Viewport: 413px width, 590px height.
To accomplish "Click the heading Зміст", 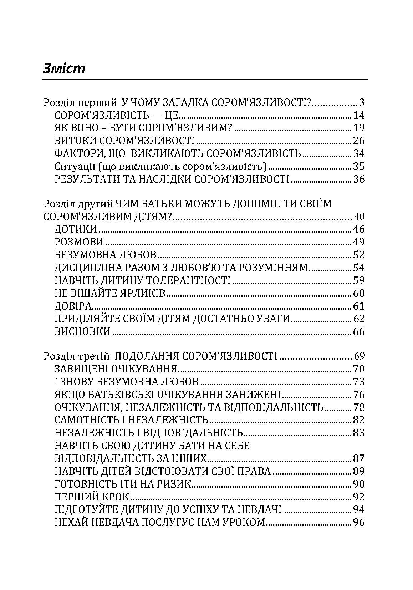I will (x=64, y=68).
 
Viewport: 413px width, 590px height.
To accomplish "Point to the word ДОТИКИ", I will (x=76, y=229).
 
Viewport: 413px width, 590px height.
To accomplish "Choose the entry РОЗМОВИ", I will (x=79, y=242).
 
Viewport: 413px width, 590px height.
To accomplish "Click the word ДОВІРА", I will (x=74, y=306).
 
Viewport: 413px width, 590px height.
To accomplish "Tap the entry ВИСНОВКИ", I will (x=83, y=331).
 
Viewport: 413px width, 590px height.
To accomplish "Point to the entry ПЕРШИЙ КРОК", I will (x=92, y=497).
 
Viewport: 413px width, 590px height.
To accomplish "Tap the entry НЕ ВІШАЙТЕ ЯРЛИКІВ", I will (x=111, y=293).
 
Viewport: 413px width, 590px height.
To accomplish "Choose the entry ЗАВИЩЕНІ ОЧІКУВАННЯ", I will (x=116, y=369).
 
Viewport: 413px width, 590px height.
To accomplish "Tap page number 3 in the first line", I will (x=362, y=103).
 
